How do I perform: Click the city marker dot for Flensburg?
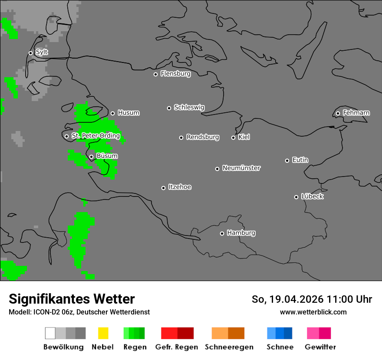point(155,74)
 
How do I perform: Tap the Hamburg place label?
point(241,233)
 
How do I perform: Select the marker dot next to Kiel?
point(233,137)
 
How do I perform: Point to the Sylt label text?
point(42,52)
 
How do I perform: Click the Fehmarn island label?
point(356,113)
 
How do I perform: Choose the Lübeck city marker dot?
point(296,197)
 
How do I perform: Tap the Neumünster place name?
point(241,168)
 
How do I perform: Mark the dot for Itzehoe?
point(163,188)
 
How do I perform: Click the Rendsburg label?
point(203,137)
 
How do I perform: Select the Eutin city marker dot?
point(287,160)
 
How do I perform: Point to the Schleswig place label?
point(189,108)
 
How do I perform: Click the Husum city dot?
point(112,113)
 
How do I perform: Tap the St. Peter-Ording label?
point(95,136)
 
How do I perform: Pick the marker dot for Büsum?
point(91,157)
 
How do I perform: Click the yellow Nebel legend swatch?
point(103,333)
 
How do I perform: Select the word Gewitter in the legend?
point(320,347)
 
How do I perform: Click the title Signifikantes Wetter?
point(72,299)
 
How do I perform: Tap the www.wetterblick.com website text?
point(313,312)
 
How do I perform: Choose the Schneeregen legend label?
point(229,347)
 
